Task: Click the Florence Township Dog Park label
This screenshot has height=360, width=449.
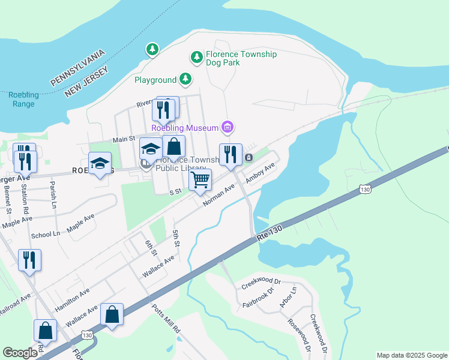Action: click(x=241, y=58)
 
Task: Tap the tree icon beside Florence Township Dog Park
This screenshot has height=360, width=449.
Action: click(x=196, y=58)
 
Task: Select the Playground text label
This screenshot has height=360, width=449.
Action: click(x=155, y=80)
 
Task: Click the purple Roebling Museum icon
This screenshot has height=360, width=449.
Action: click(x=228, y=127)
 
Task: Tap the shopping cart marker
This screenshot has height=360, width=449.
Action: click(x=200, y=179)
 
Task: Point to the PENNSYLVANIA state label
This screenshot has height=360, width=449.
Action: click(x=77, y=67)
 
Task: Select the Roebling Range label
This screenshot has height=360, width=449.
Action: click(x=23, y=100)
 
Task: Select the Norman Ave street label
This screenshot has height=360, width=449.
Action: click(x=218, y=196)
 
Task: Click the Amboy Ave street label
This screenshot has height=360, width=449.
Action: click(x=259, y=173)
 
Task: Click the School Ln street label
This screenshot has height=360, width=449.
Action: click(x=46, y=235)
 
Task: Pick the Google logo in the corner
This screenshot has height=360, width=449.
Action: click(x=20, y=353)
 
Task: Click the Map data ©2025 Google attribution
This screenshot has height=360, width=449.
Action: click(x=411, y=355)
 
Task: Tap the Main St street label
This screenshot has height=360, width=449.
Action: click(x=124, y=139)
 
